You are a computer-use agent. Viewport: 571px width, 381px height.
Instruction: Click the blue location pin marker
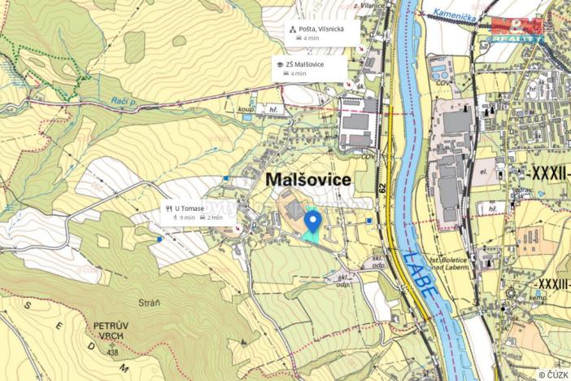point(312,221)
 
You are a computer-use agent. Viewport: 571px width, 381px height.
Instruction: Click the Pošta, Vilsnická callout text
point(321,28)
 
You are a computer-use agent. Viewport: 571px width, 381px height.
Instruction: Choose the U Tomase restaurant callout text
point(189,208)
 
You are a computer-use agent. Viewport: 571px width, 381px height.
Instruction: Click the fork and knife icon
point(168,208)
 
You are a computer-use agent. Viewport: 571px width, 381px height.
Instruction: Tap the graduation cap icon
point(281,63)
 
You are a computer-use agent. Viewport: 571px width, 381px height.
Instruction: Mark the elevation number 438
point(113,352)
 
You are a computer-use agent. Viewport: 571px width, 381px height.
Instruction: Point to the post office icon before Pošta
point(294,28)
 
